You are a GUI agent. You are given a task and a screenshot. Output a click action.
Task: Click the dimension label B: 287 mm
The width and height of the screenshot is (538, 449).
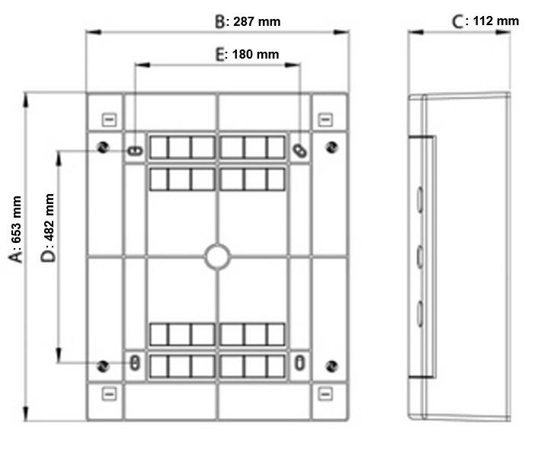(248, 21)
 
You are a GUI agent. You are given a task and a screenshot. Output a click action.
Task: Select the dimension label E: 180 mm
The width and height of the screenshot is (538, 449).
(247, 54)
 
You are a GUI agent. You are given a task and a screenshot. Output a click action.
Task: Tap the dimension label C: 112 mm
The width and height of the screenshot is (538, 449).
(485, 21)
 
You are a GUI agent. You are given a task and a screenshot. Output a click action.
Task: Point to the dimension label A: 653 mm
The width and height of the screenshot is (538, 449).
(16, 229)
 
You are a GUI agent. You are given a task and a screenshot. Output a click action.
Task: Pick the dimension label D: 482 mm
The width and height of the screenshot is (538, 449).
(48, 228)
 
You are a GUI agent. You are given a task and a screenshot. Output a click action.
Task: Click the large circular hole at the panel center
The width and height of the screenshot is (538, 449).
(217, 256)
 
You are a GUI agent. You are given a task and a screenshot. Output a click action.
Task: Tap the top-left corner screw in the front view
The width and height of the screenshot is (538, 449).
(103, 148)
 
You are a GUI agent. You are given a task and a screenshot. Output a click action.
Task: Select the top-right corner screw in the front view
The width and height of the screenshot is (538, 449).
(331, 148)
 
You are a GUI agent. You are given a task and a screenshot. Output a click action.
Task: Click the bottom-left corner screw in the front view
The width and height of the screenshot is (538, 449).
(103, 366)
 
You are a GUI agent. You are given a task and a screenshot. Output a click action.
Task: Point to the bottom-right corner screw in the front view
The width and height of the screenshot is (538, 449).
(331, 366)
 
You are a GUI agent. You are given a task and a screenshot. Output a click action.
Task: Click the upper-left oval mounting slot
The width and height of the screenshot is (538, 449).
(135, 151)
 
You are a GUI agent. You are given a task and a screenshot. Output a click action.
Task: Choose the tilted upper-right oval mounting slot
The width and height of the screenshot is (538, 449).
(300, 151)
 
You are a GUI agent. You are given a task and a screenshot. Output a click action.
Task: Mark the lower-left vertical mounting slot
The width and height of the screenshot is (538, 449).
(135, 363)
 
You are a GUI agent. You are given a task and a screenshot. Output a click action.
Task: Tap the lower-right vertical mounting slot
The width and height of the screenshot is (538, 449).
(300, 363)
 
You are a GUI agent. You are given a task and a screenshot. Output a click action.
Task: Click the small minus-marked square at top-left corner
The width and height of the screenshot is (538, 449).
(109, 120)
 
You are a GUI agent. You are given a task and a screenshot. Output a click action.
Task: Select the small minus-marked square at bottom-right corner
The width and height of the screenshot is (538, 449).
(325, 393)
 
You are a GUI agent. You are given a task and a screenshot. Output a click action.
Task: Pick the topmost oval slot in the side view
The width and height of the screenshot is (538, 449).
(420, 199)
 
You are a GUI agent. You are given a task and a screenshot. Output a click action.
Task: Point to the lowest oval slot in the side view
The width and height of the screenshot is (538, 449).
(420, 313)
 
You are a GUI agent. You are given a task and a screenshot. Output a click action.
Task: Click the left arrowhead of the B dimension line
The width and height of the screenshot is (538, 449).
(93, 32)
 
